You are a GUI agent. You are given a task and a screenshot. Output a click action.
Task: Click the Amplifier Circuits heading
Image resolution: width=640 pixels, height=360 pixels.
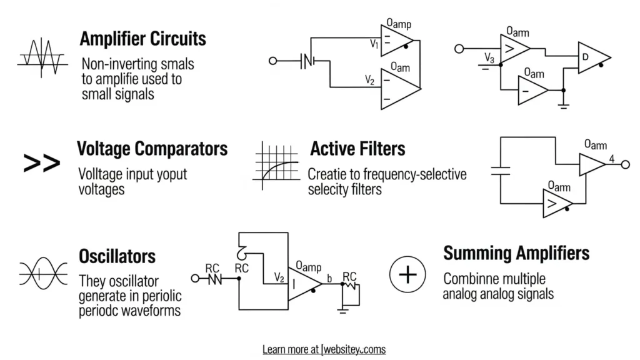(x=142, y=39)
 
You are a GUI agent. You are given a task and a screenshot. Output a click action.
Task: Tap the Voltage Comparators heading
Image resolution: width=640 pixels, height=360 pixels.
(x=152, y=149)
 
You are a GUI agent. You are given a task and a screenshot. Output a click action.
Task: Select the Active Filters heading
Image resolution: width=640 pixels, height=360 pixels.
(x=357, y=149)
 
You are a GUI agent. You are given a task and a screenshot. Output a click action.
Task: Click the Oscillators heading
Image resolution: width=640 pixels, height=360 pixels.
(x=117, y=256)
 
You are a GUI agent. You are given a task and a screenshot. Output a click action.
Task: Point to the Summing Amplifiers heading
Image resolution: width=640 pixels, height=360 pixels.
(x=516, y=253)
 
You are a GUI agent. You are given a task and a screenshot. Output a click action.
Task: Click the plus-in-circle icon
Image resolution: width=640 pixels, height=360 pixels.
(x=407, y=275)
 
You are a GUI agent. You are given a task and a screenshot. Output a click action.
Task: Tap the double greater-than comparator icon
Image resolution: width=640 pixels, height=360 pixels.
(x=41, y=164)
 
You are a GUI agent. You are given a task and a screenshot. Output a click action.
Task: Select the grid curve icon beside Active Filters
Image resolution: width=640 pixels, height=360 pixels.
(x=276, y=164)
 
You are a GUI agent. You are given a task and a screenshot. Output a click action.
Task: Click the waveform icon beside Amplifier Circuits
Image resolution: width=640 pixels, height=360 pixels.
(x=41, y=57)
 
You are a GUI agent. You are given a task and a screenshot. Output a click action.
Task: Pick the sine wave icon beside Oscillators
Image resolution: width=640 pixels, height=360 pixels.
(x=43, y=274)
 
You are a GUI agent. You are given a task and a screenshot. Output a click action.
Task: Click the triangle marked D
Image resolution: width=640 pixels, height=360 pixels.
(x=591, y=57)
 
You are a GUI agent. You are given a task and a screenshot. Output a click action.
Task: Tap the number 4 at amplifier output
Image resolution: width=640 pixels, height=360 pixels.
(x=612, y=159)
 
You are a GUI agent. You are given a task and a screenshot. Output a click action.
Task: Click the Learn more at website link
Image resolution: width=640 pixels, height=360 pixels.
(x=324, y=349)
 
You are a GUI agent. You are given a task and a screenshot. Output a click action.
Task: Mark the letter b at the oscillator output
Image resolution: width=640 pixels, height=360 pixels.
(x=329, y=277)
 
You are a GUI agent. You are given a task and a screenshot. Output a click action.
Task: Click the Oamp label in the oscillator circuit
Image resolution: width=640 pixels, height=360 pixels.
(x=308, y=266)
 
